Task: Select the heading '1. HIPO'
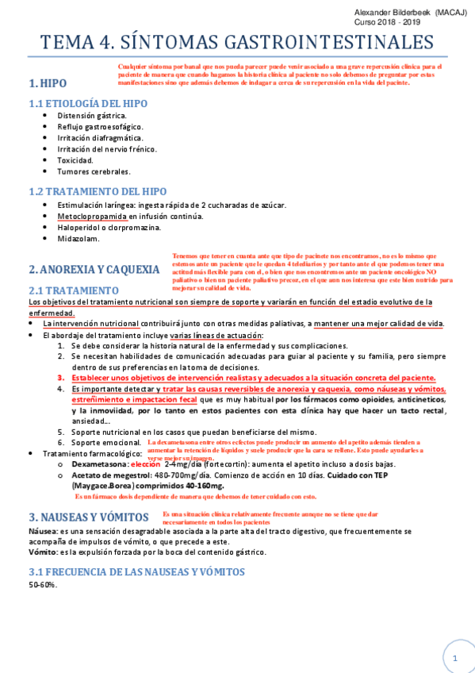tap(48, 83)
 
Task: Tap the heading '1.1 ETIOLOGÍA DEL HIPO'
tap(88, 103)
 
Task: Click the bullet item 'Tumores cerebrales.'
tap(94, 171)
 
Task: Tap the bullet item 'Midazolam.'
tap(79, 238)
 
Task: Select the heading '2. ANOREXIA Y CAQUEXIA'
tap(94, 269)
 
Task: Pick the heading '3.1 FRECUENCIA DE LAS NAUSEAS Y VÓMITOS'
tap(136, 571)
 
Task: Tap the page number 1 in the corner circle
tap(455, 658)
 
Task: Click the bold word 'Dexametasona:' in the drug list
tap(98, 463)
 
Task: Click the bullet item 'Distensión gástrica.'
tap(92, 115)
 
